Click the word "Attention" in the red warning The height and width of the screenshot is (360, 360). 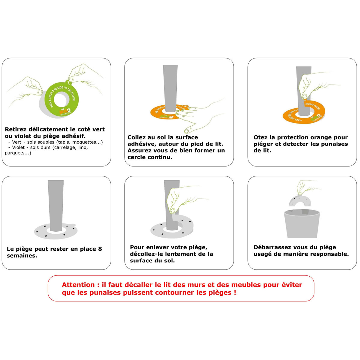click(x=78, y=285)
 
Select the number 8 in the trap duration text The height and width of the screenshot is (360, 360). click(x=100, y=249)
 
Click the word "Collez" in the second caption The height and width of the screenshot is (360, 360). click(x=137, y=137)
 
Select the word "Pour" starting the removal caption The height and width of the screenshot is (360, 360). click(x=137, y=247)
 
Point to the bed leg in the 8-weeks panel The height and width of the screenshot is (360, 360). click(x=55, y=204)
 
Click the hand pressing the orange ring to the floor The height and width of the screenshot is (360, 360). click(x=198, y=115)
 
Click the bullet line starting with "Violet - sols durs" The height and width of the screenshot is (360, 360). click(x=49, y=147)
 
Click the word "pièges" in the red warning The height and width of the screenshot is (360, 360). click(x=220, y=292)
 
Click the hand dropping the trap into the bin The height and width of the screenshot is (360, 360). click(x=306, y=187)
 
